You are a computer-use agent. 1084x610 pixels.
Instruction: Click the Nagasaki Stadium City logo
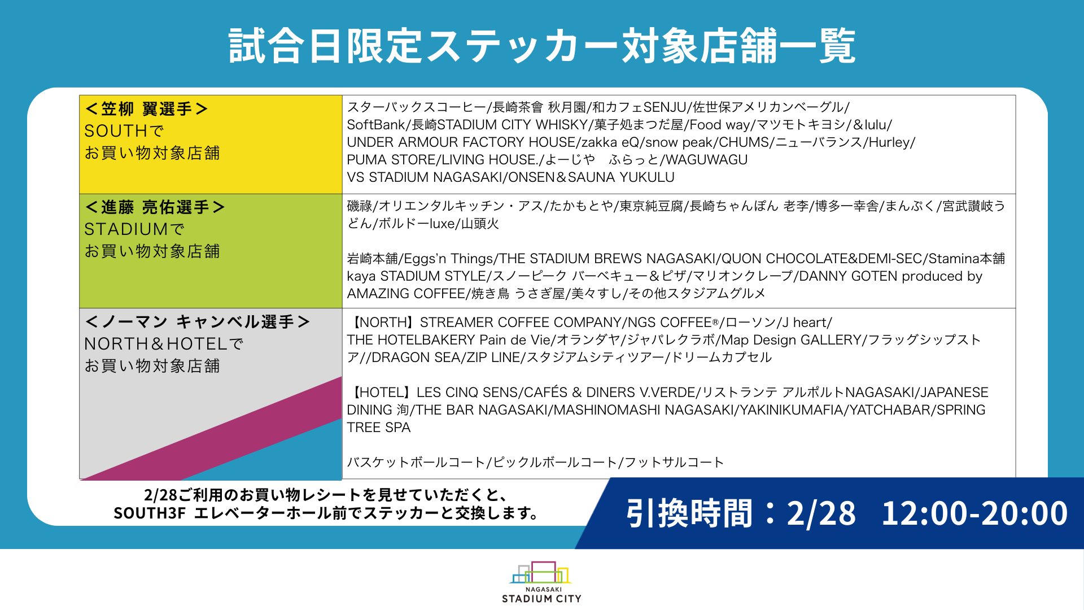(541, 582)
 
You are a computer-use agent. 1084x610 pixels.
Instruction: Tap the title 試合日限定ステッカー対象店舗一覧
(542, 46)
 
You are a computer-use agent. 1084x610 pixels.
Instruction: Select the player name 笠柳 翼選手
(146, 109)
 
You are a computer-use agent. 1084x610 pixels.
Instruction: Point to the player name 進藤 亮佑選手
(155, 207)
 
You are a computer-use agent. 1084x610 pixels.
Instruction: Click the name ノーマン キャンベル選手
(197, 322)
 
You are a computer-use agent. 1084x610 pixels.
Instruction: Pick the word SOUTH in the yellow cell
(115, 131)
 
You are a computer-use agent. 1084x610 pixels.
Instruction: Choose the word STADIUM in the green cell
(126, 229)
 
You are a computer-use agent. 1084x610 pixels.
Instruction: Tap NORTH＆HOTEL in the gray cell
(155, 344)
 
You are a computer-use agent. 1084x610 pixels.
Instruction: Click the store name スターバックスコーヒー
(417, 107)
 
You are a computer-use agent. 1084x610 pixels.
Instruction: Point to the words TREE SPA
(379, 428)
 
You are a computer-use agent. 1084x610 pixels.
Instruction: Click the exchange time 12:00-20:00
(974, 513)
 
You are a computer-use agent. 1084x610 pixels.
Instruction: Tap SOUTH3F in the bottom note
(150, 513)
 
